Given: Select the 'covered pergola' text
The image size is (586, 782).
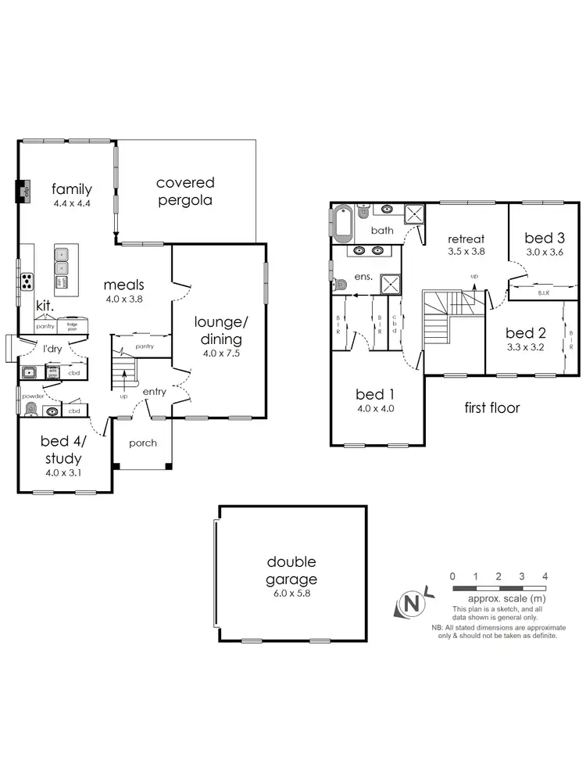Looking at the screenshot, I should tap(185, 192).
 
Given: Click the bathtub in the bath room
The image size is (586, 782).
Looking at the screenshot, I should tap(343, 224).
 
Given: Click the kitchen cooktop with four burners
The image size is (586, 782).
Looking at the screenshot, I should tap(27, 279).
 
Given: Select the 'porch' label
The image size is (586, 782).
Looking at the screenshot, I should tap(142, 443).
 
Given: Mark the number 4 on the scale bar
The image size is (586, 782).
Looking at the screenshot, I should tap(545, 576).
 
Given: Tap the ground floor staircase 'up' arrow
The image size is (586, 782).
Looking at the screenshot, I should tap(124, 382).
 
